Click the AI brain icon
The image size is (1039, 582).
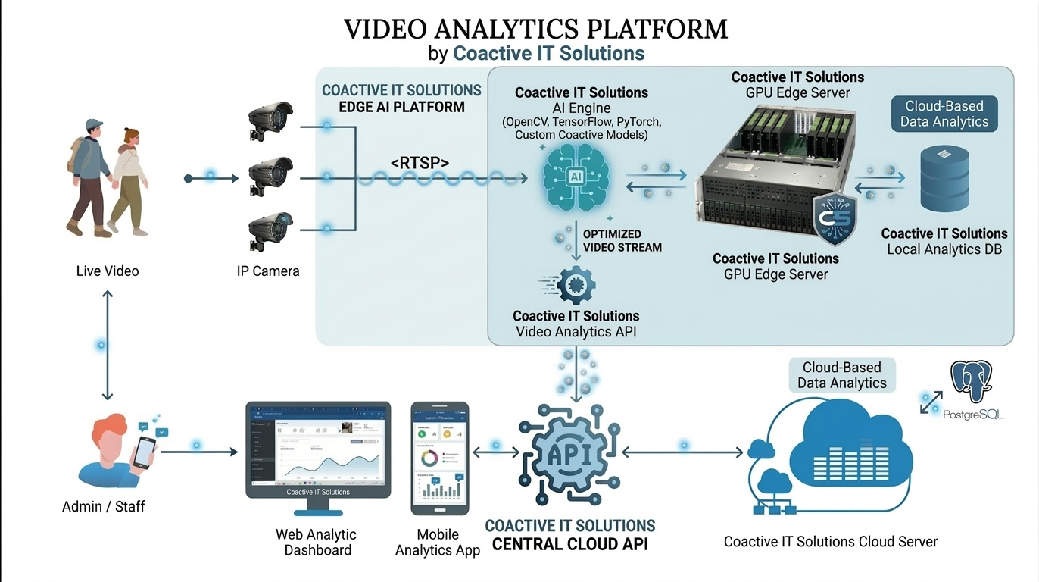(576, 180)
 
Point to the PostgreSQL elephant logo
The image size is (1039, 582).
(972, 383)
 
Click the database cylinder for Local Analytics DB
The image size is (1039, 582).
(944, 178)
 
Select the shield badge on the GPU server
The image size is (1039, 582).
(835, 218)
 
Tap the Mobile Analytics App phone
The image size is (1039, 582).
(440, 458)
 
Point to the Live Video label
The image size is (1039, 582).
(108, 271)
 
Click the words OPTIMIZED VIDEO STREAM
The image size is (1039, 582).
(622, 240)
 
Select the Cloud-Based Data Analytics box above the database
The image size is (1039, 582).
(944, 114)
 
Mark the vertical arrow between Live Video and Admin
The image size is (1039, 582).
(108, 345)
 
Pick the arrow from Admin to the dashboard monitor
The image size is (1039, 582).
(199, 452)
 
